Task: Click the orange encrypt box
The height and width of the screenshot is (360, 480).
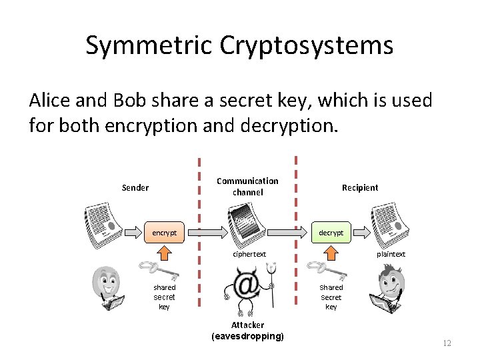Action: (165, 233)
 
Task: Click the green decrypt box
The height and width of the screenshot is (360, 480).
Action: (331, 233)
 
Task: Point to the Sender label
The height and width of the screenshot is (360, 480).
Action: (135, 187)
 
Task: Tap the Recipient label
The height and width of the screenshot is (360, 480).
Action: (360, 187)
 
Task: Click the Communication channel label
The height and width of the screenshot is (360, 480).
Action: (248, 187)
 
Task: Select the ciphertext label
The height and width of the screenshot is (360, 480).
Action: (249, 254)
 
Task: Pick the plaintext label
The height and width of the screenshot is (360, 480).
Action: (391, 254)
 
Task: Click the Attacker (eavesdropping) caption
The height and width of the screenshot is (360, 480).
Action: (248, 331)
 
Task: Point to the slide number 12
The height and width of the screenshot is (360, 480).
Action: (447, 343)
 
